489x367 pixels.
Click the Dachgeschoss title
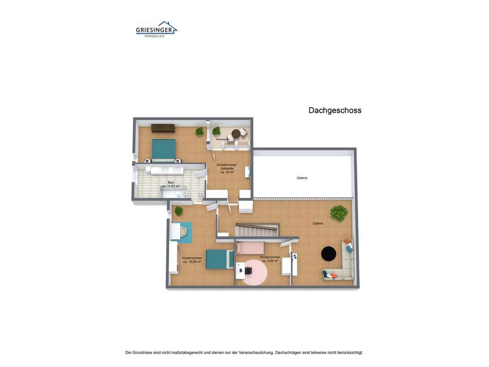coord(335,110)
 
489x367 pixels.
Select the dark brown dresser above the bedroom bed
coord(163,128)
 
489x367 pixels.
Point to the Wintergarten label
coord(222,139)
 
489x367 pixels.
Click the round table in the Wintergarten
coord(236,134)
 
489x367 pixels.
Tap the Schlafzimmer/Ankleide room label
coord(227,168)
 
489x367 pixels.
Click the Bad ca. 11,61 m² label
coord(170,184)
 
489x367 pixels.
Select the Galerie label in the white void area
coord(302,178)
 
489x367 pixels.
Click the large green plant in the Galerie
coord(339,212)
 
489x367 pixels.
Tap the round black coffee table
coord(329,253)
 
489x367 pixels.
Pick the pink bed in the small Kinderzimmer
coord(251,248)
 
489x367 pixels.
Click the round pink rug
coord(255,272)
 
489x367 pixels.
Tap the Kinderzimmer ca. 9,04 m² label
coord(270,259)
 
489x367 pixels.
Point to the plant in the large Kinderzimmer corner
coord(179,210)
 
